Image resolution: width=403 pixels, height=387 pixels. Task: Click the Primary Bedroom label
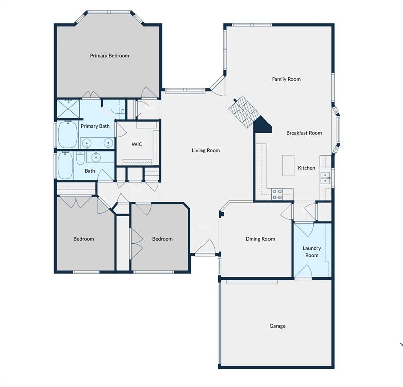click(x=109, y=56)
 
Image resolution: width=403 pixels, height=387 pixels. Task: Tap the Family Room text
click(x=286, y=79)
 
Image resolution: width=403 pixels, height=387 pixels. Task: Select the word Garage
click(x=277, y=326)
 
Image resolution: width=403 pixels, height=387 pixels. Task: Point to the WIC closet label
click(x=137, y=144)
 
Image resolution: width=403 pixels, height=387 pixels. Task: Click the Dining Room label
click(x=260, y=239)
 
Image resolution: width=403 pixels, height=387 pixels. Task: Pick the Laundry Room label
click(x=312, y=252)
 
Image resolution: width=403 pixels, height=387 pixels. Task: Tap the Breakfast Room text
click(x=304, y=133)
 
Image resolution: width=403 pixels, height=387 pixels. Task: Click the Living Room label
click(x=206, y=150)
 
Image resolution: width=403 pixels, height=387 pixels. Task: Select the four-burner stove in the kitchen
click(x=277, y=194)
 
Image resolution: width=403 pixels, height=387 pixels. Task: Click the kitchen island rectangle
click(x=288, y=165)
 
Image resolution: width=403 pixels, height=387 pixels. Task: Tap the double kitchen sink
click(x=326, y=178)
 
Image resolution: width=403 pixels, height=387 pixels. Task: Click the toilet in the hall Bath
click(x=80, y=160)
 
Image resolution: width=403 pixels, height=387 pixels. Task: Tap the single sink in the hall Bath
click(x=96, y=158)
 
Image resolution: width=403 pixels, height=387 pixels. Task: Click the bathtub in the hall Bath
click(x=66, y=166)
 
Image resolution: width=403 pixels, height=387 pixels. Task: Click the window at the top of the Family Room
click(x=252, y=25)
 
